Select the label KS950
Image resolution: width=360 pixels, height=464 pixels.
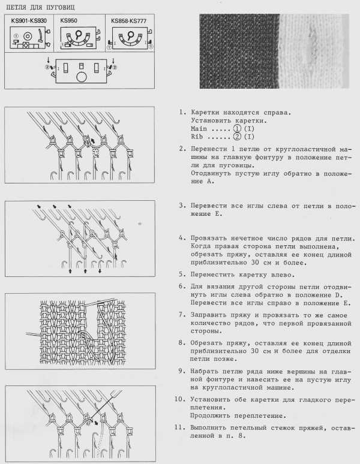click(68, 20)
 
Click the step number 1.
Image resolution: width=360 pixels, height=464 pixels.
click(181, 112)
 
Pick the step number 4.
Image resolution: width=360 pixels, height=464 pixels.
click(181, 239)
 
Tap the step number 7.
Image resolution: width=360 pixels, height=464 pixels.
click(181, 314)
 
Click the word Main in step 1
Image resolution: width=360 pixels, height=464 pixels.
click(199, 129)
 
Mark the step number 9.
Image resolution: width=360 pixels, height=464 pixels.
click(181, 372)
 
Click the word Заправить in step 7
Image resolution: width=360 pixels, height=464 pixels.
click(210, 314)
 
